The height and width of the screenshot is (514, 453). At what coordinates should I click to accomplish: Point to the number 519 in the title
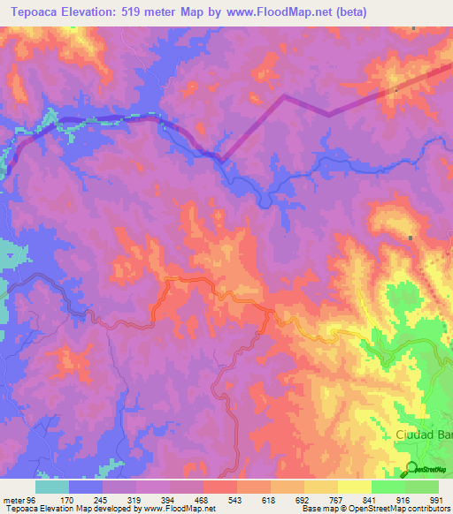[x=134, y=11]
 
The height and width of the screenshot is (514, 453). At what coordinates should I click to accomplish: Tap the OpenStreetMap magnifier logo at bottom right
[x=411, y=469]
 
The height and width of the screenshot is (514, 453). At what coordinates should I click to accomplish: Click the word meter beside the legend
[x=12, y=499]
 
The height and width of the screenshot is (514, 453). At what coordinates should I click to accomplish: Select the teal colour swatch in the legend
[x=52, y=487]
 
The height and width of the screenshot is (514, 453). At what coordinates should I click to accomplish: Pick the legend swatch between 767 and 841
[x=354, y=487]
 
